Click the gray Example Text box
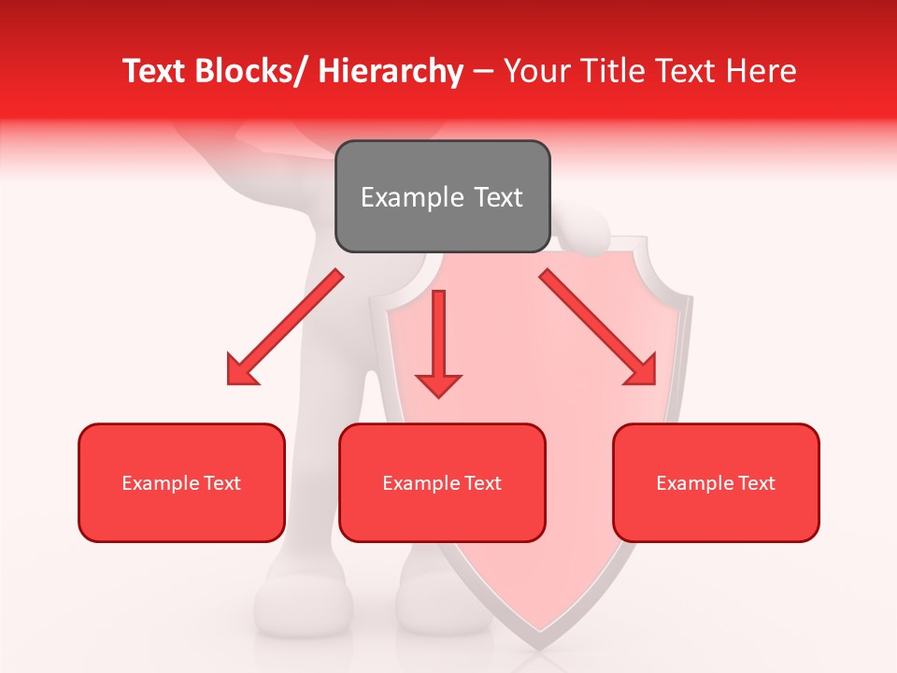(442, 196)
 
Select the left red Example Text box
(181, 482)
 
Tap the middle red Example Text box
(442, 482)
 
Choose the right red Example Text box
(716, 482)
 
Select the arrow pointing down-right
(598, 327)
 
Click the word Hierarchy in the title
(391, 71)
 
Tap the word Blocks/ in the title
(253, 71)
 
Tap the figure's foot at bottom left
(304, 608)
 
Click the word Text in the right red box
(757, 482)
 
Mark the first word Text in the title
(155, 71)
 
